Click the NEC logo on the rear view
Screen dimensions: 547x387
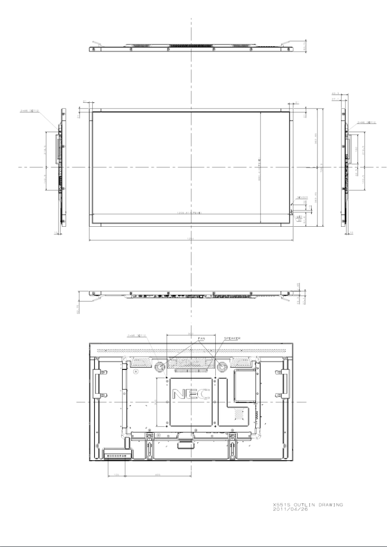click(x=191, y=394)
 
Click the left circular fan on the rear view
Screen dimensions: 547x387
click(x=159, y=367)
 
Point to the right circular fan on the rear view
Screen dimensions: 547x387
click(x=222, y=367)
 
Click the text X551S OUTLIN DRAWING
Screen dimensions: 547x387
click(x=307, y=505)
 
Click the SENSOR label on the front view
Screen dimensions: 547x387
click(x=303, y=197)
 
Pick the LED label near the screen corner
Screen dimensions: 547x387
click(x=299, y=217)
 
